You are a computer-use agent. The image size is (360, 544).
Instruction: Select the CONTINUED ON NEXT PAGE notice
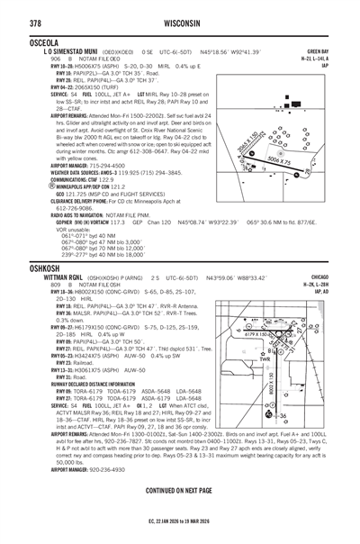pos(179,489)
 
